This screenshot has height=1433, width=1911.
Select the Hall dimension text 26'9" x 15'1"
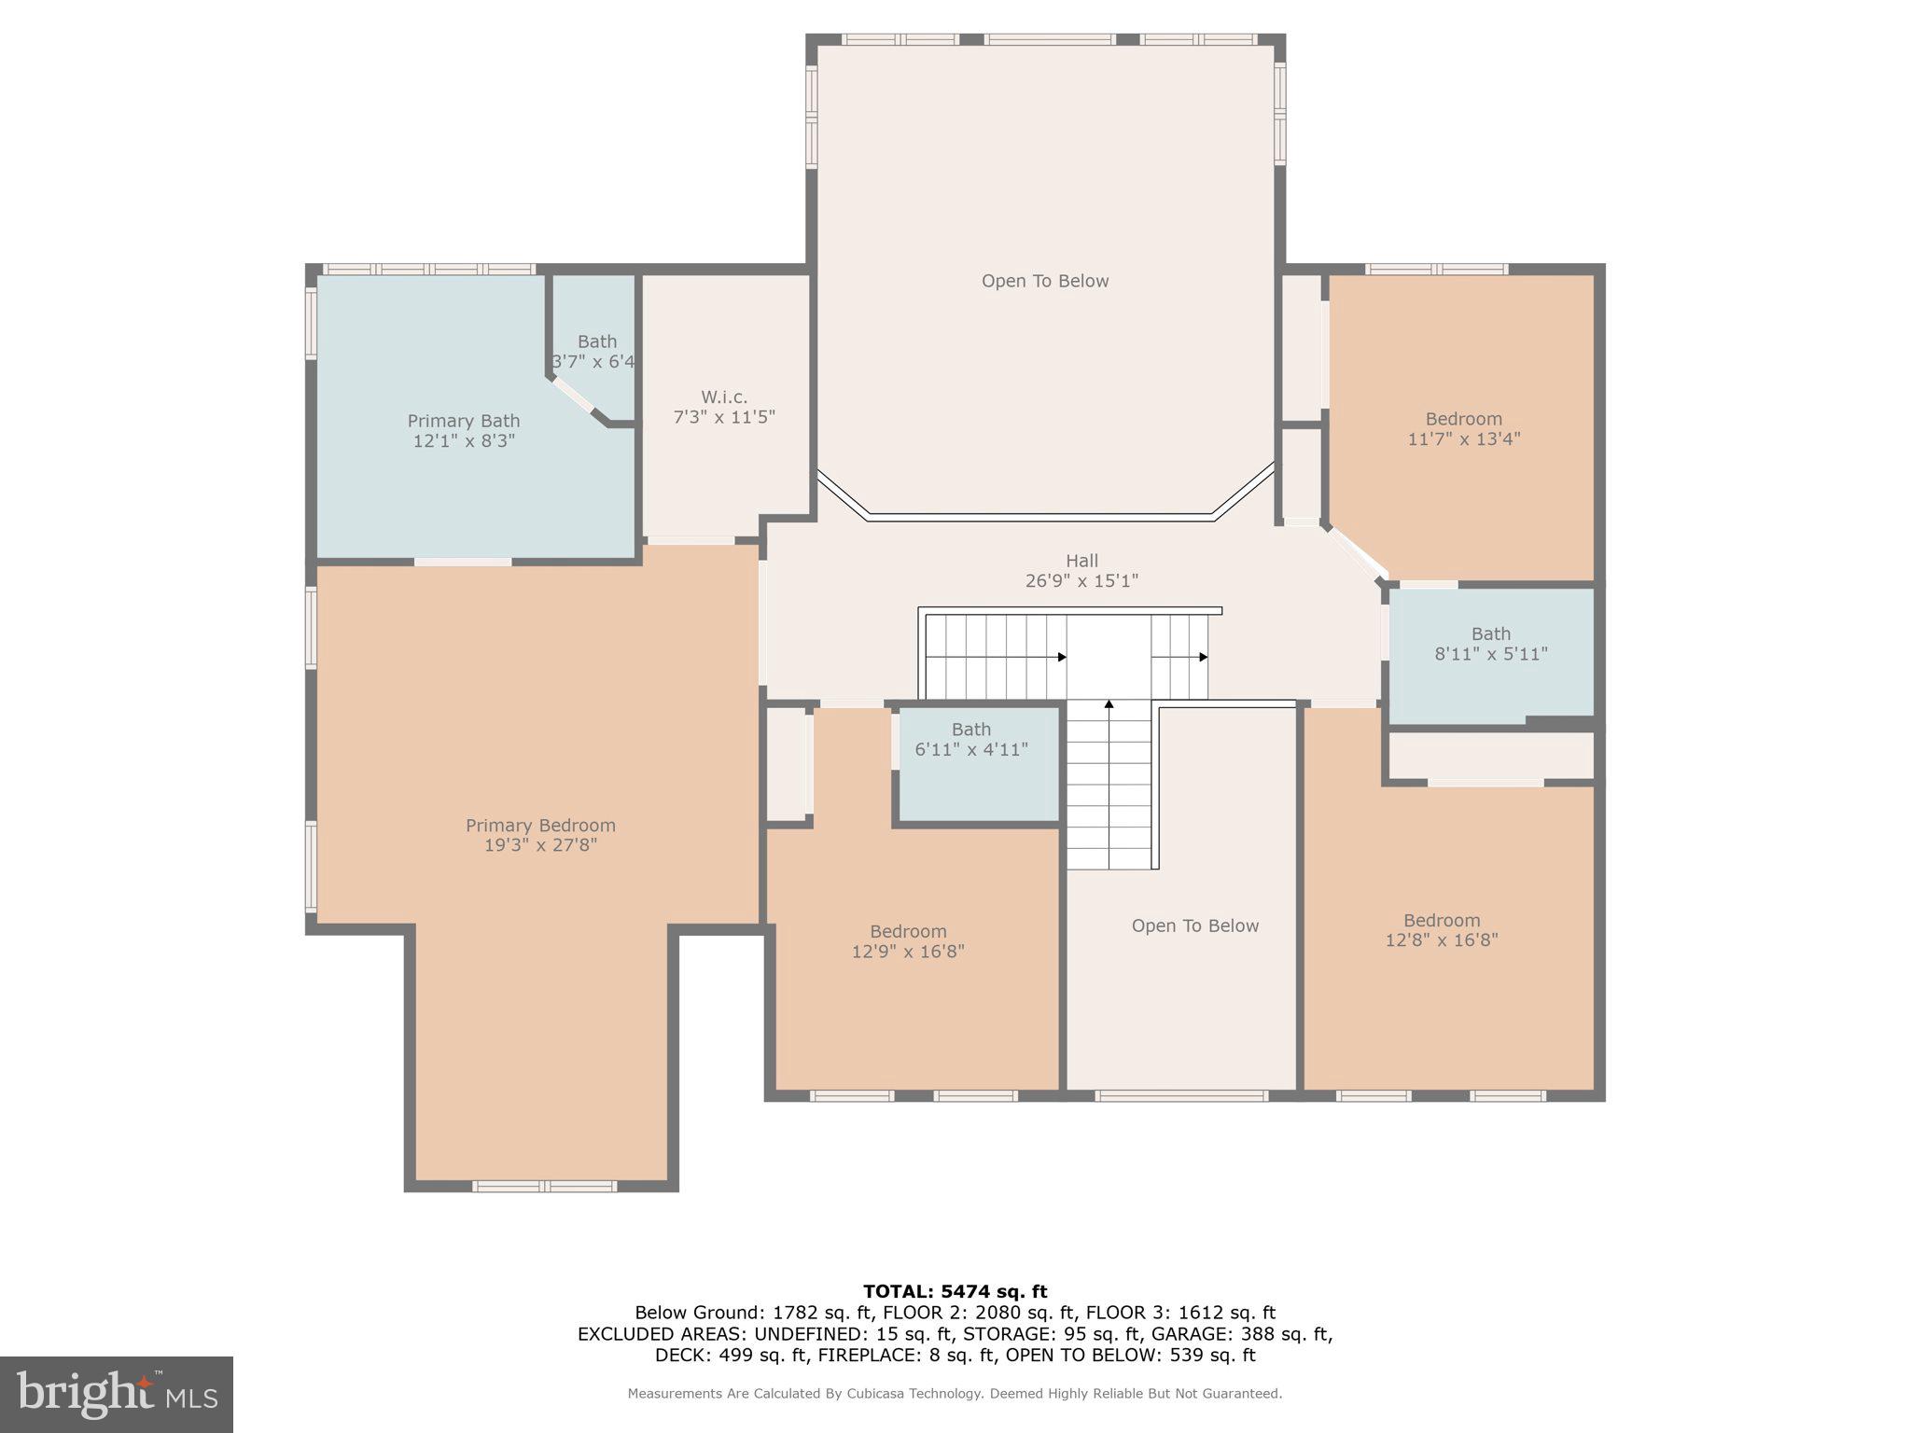(1081, 581)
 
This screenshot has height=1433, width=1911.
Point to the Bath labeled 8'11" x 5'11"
(1490, 644)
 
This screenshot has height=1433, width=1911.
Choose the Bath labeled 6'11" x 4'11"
(970, 740)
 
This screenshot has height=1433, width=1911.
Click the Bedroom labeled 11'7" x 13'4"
(1463, 428)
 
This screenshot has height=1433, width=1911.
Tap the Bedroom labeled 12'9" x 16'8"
(908, 940)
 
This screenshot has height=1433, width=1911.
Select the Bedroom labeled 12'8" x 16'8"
(1441, 929)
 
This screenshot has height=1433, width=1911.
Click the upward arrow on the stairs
(1109, 705)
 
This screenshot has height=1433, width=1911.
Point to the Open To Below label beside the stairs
(1194, 925)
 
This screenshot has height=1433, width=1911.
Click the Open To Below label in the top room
(1044, 281)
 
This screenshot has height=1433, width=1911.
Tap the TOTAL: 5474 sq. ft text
(955, 1291)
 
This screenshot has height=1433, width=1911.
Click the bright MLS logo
(117, 1395)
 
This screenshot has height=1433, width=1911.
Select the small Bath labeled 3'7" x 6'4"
(595, 352)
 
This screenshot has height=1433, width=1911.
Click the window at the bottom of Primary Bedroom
(544, 1186)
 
